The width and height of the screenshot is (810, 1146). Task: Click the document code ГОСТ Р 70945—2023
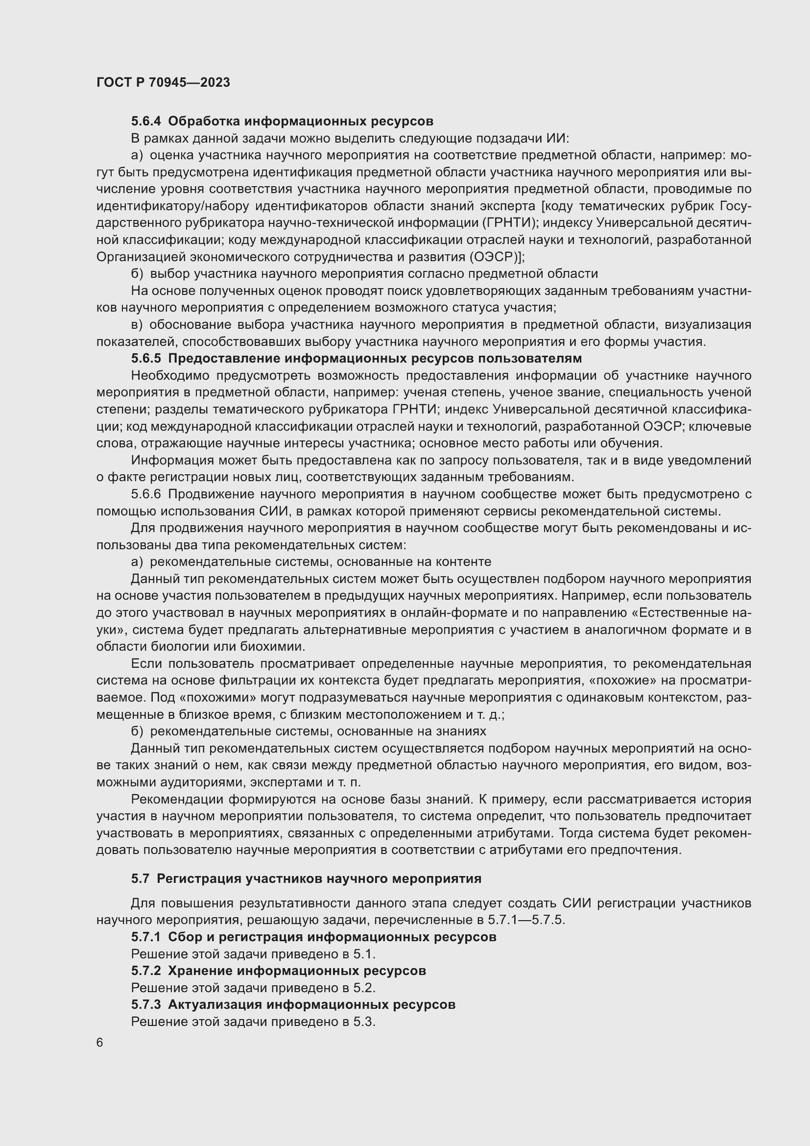(163, 82)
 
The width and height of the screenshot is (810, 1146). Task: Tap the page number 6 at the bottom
(100, 1043)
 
